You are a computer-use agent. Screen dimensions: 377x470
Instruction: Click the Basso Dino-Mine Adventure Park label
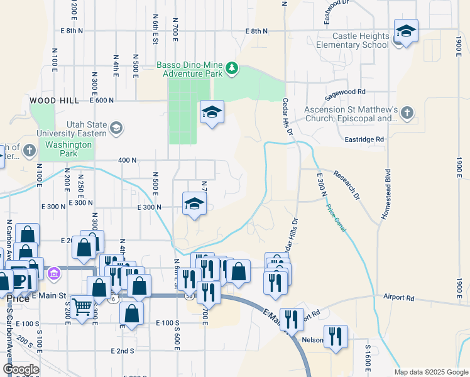click(190, 69)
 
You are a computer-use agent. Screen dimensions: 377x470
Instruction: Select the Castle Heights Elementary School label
click(352, 41)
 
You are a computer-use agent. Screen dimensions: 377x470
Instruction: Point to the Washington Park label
click(68, 149)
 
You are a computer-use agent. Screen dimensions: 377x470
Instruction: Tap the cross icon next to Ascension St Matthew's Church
click(407, 113)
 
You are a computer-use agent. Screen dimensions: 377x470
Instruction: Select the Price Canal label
click(336, 217)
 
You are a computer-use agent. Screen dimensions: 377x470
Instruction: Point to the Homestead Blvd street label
click(388, 194)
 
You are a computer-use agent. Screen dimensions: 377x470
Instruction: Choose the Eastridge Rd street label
click(364, 139)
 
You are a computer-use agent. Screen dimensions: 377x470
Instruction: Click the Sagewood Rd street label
click(344, 95)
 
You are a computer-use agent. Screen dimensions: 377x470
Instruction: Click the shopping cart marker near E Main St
click(82, 307)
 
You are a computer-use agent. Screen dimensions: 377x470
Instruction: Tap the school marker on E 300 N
click(195, 204)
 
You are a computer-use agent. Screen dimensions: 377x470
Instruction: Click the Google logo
click(21, 369)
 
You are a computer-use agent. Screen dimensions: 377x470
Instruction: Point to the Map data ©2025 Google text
click(430, 372)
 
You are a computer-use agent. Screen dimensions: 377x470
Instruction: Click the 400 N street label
click(128, 160)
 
